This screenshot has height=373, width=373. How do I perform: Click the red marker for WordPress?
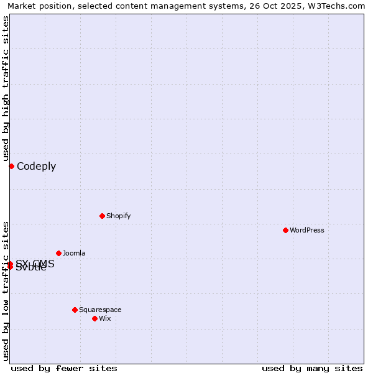(x=285, y=230)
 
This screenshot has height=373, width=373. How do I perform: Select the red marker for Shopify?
(x=102, y=216)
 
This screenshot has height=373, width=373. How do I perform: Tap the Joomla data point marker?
(x=58, y=253)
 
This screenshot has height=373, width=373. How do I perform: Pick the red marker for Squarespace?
(x=75, y=310)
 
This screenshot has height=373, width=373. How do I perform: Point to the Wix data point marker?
(x=94, y=318)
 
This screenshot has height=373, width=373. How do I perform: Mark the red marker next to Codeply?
(x=11, y=166)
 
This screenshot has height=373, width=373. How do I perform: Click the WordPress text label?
(x=307, y=230)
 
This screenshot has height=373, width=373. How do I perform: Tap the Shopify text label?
(x=118, y=216)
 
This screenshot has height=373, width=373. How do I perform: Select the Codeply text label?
(x=36, y=166)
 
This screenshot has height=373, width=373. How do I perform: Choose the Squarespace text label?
(x=100, y=310)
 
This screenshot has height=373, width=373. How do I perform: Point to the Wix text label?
(x=105, y=318)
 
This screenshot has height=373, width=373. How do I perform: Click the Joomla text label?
(x=74, y=253)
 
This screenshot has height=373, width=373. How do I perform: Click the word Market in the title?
(x=23, y=6)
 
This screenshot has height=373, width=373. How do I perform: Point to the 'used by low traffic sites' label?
(x=6, y=290)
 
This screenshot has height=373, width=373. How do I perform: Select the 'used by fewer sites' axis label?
(x=64, y=368)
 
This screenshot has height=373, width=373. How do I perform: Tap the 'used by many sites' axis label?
(x=312, y=368)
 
